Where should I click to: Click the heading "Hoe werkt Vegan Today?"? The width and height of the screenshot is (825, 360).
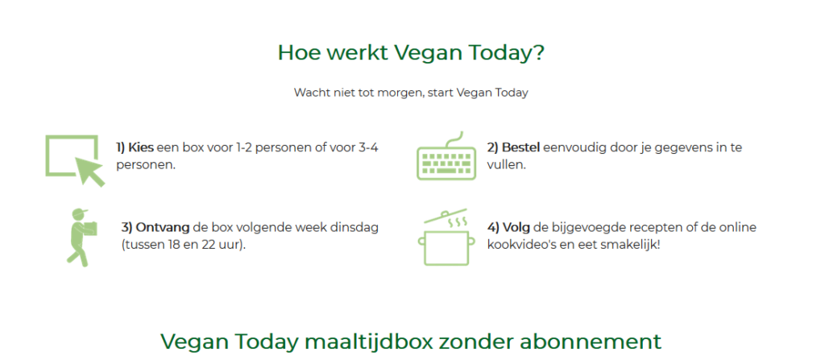click(411, 53)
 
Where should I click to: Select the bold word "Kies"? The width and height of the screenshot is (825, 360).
click(140, 147)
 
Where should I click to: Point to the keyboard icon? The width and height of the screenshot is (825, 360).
click(446, 155)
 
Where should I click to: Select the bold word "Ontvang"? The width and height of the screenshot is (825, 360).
click(163, 228)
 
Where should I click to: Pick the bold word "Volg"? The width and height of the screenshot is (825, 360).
click(516, 228)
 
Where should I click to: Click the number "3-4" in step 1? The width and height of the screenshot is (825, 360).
click(367, 147)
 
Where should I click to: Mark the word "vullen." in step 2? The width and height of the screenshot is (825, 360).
click(506, 165)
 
